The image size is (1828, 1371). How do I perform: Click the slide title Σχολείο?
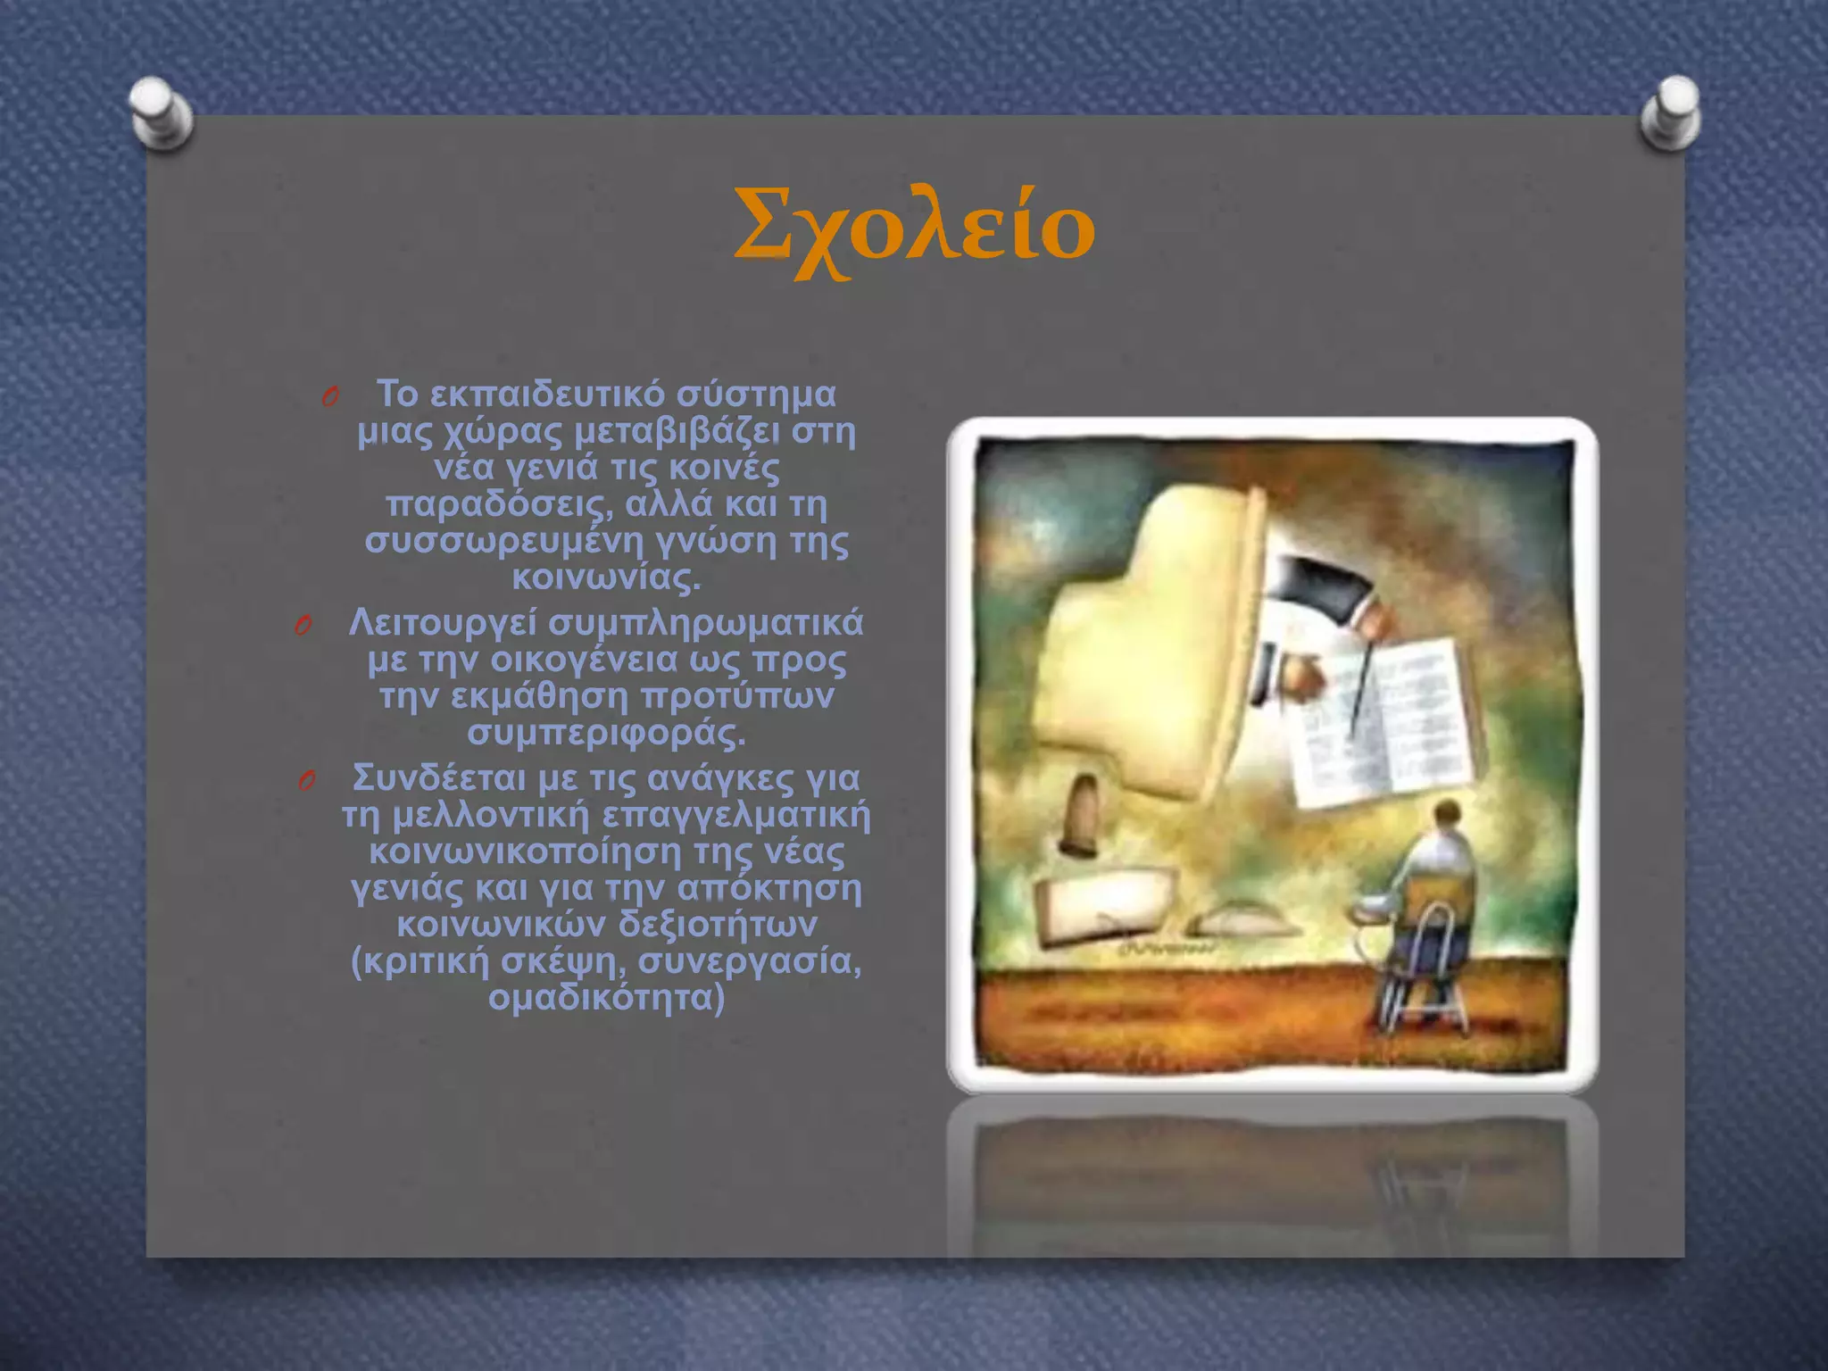914,230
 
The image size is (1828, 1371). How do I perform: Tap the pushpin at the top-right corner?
1669,112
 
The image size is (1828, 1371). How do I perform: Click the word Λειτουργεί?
442,623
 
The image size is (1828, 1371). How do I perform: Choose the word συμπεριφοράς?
606,734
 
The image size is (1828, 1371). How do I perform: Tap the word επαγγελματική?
735,815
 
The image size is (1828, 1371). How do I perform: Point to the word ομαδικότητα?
606,998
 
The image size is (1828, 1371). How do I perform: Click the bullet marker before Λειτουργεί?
303,627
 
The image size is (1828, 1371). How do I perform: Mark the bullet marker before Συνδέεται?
306,782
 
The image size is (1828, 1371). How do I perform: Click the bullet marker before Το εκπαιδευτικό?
329,397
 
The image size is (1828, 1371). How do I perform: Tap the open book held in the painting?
1379,723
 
